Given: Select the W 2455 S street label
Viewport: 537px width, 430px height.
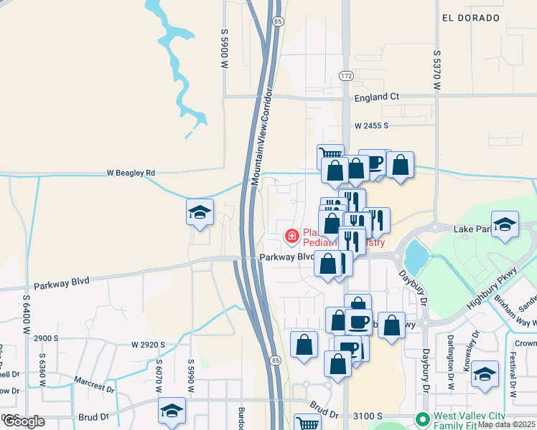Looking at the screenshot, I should click(x=370, y=125).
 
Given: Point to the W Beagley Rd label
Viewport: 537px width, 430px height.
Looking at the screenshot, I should click(x=131, y=173).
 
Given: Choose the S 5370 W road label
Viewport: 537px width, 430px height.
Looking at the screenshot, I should click(x=436, y=69).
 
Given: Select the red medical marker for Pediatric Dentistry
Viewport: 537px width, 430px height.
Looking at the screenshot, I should click(x=291, y=235).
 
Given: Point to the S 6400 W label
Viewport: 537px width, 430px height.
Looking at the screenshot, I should click(x=26, y=316).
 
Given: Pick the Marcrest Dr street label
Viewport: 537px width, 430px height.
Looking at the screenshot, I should click(x=93, y=379).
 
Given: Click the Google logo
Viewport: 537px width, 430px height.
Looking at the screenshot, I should click(x=22, y=421).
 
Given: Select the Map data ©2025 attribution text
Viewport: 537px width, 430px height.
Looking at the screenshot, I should click(x=506, y=424).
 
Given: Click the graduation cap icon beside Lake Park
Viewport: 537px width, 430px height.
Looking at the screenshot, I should click(x=505, y=225).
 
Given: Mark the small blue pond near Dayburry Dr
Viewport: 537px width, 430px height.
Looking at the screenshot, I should click(x=415, y=254).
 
